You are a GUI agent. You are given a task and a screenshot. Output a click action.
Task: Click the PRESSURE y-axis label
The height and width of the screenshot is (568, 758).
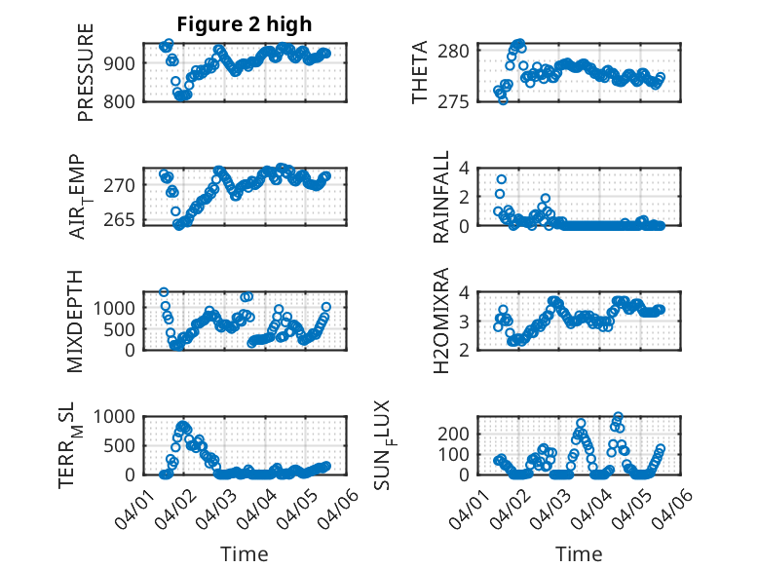[x=85, y=78]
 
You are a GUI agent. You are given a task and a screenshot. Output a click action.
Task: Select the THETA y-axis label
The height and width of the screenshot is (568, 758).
[x=420, y=73]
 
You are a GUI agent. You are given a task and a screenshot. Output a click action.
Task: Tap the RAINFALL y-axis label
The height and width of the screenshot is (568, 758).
[x=440, y=197]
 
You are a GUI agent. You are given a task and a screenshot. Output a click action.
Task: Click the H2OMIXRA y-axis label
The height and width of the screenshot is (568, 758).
[x=440, y=321]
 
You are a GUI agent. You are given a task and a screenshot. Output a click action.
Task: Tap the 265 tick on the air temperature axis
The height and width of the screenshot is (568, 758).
[x=128, y=219]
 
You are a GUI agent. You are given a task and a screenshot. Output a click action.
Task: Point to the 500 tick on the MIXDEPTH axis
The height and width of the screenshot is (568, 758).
[x=125, y=329]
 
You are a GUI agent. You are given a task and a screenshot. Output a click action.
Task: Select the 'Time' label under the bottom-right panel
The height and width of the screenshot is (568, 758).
[x=579, y=553]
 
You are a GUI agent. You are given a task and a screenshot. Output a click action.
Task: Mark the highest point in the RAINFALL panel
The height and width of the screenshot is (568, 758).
[x=501, y=179]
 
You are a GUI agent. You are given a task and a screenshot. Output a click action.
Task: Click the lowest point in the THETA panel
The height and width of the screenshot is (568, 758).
[x=503, y=99]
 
